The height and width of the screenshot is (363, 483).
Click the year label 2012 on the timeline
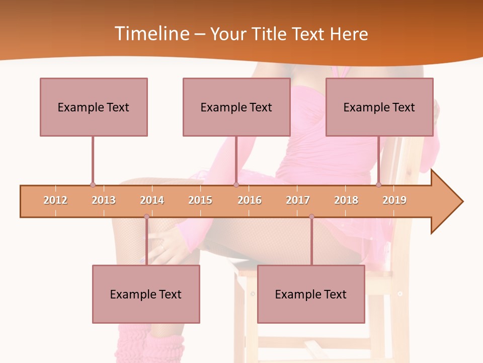point(55,200)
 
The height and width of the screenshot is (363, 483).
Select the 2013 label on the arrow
point(104,200)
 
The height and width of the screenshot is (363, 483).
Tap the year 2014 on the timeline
point(152,200)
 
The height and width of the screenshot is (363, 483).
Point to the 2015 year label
point(200,200)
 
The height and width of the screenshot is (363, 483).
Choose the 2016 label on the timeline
point(250,200)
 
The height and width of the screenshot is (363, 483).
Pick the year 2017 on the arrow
point(298,200)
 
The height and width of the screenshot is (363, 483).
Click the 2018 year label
point(346,200)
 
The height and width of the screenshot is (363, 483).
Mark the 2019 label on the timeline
point(394,200)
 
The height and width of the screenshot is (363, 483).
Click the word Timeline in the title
point(150,34)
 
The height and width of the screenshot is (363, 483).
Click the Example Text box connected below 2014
point(146,294)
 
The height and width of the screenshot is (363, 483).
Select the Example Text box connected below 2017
point(311,294)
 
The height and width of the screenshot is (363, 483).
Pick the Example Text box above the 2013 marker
point(94,107)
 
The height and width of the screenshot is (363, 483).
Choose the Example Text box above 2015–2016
point(236,107)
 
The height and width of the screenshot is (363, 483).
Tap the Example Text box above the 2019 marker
point(379,107)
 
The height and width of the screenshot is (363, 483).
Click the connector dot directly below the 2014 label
point(146,217)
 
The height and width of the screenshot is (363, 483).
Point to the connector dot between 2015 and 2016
point(236,185)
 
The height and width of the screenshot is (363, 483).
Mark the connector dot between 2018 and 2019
point(379,185)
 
